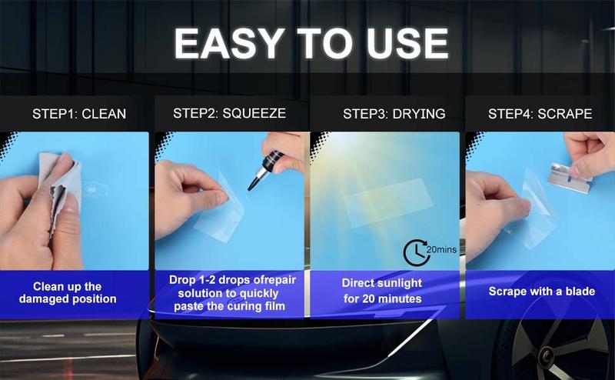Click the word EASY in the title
coord(229,43)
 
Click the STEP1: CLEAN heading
coord(79,114)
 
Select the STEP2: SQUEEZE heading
coord(229,113)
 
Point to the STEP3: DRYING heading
coord(394,114)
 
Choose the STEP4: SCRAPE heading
coord(540,114)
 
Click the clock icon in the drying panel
coord(416,253)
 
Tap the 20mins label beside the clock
coord(441,250)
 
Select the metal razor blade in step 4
coord(570,178)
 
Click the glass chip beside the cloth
coord(95,188)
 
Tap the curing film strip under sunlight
coord(388,202)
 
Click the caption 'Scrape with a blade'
coord(542,292)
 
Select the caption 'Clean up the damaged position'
coord(68,293)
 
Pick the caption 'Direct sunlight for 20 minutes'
coord(382,291)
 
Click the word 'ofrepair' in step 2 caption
coord(275,280)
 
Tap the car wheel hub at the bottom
coord(547,356)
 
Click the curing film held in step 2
coord(219,212)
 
